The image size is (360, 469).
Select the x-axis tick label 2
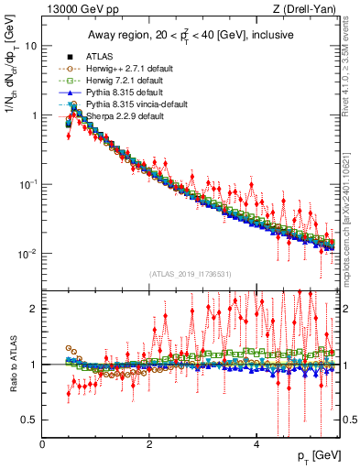pyautogui.click(x=149, y=444)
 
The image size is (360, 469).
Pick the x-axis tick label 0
pyautogui.click(x=43, y=444)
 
